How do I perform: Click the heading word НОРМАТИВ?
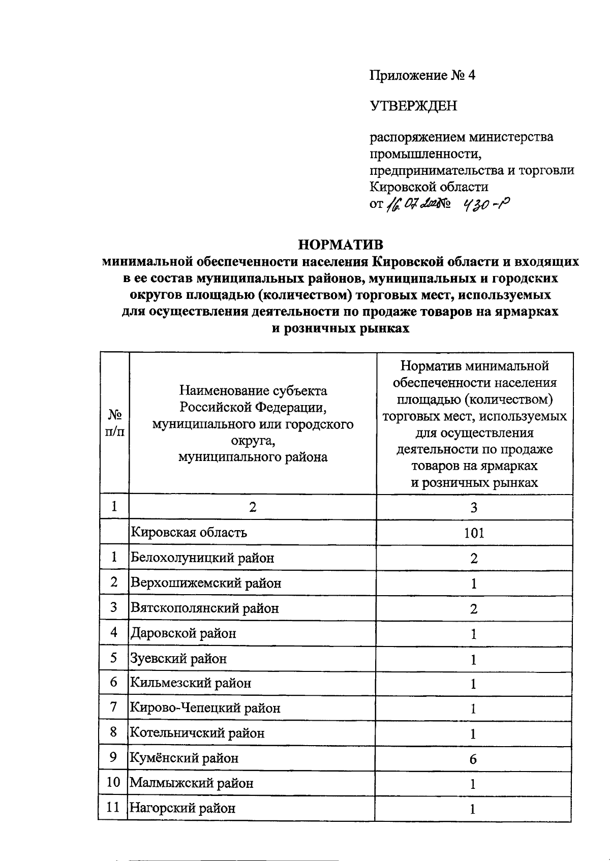[340, 245]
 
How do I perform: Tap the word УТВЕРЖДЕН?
[413, 106]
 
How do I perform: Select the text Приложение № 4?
[422, 76]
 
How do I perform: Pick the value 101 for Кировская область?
[474, 533]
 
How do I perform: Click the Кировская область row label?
[189, 533]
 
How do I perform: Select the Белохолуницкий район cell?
[202, 558]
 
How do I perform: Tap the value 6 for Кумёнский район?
[473, 759]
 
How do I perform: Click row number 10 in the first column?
[113, 782]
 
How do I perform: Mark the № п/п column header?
[114, 423]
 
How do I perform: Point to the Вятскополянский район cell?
[205, 608]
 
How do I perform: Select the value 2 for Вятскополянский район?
[474, 609]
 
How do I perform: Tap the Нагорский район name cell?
[182, 808]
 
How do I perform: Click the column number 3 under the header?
[474, 507]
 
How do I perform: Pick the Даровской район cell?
[184, 633]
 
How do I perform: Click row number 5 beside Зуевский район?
[114, 658]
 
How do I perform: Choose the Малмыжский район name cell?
[192, 783]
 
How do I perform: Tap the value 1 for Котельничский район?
[473, 734]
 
